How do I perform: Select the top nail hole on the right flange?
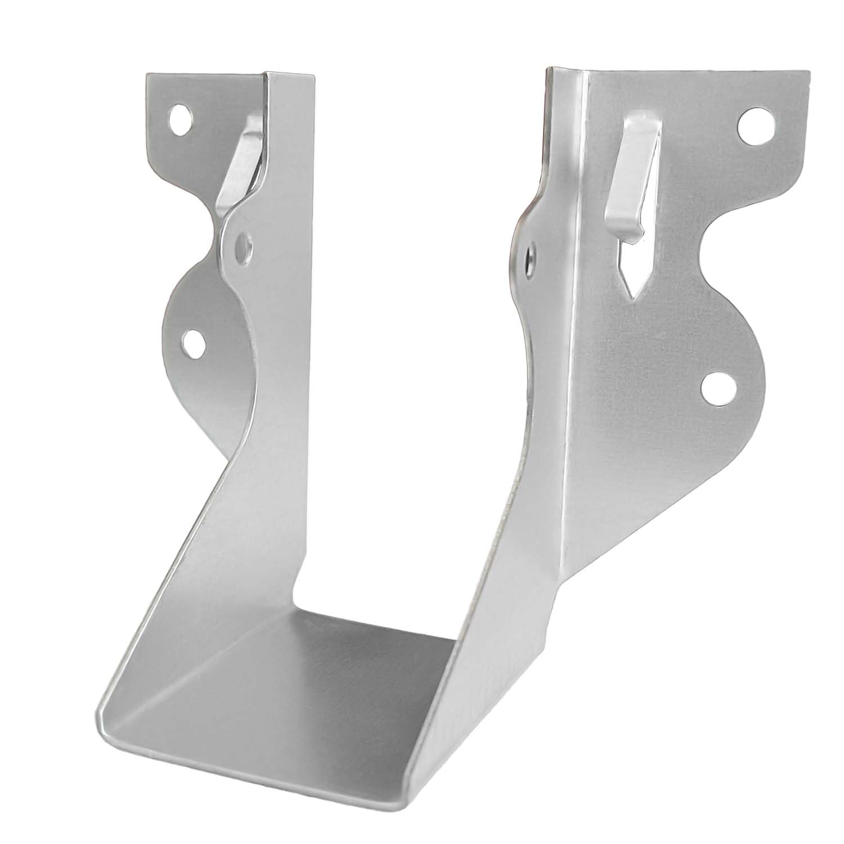(x=754, y=125)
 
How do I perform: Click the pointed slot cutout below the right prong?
(x=631, y=270)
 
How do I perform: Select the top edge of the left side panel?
(x=290, y=75)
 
